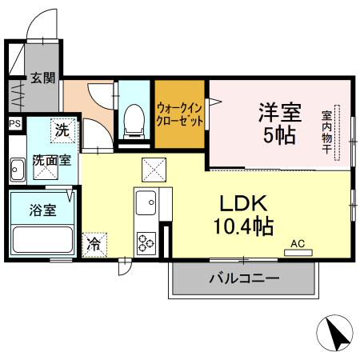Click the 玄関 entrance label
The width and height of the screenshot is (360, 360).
[43, 78]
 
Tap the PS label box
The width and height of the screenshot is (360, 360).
[14, 124]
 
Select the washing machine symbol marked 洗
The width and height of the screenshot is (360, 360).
[62, 127]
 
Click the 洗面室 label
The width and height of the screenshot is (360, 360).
[51, 160]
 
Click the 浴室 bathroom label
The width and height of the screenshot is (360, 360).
[42, 211]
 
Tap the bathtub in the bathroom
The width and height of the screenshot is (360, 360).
[42, 240]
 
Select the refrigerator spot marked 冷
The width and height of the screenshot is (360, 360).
[94, 243]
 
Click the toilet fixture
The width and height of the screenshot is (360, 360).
[133, 121]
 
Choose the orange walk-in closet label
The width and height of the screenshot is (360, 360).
[180, 114]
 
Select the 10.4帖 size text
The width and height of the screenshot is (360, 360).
[243, 227]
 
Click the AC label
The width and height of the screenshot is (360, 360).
[298, 243]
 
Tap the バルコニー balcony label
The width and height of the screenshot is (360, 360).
[244, 279]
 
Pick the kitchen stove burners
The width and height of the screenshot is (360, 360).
[146, 240]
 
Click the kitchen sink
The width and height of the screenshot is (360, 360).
[146, 204]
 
